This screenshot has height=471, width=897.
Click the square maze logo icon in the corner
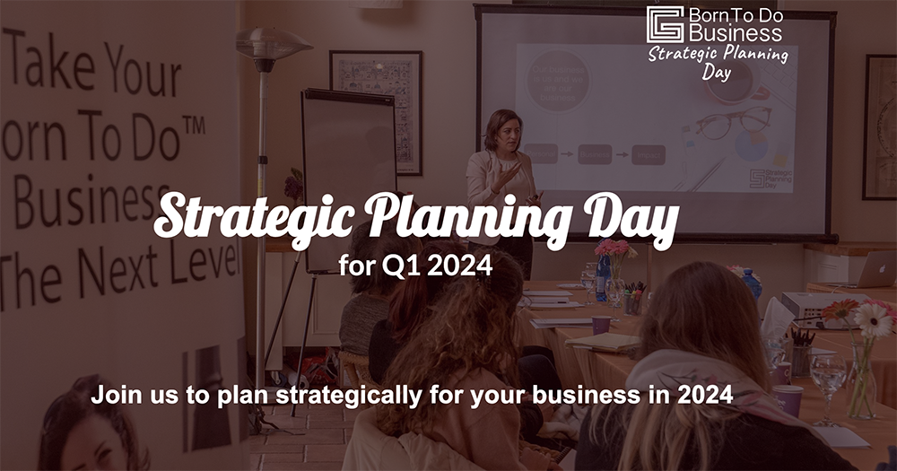coord(665,25)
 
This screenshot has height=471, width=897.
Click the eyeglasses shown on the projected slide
coord(731,123)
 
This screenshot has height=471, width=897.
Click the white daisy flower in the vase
coord(873,319)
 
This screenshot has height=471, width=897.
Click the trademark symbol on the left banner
coord(194,126)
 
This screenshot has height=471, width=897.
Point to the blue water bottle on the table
coord(604,278)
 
